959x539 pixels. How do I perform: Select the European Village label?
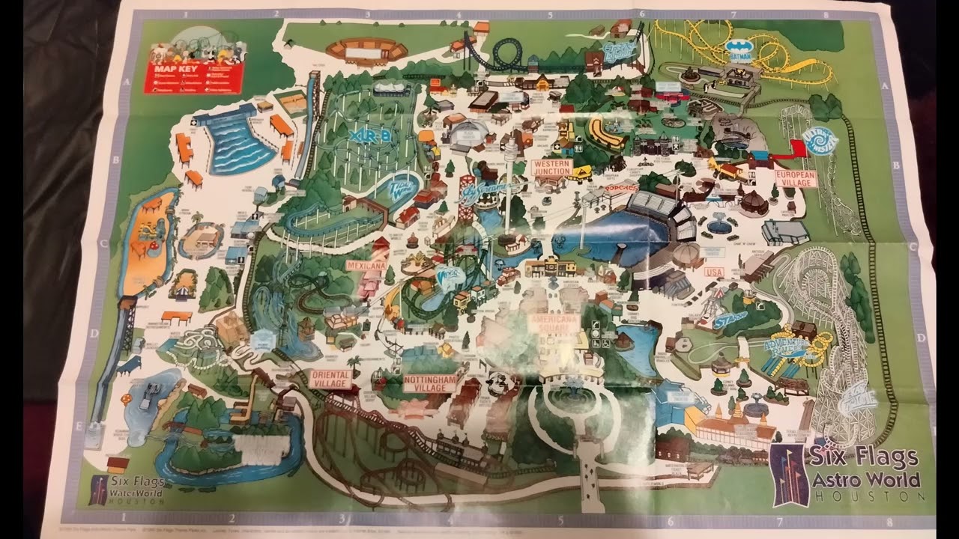(x=794, y=177)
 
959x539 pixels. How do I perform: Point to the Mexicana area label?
(x=366, y=265)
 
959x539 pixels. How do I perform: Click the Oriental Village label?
(x=330, y=378)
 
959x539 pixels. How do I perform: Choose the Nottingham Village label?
(x=429, y=383)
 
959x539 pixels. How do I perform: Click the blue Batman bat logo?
(x=739, y=51)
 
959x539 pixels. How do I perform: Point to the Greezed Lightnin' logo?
(x=620, y=50)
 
